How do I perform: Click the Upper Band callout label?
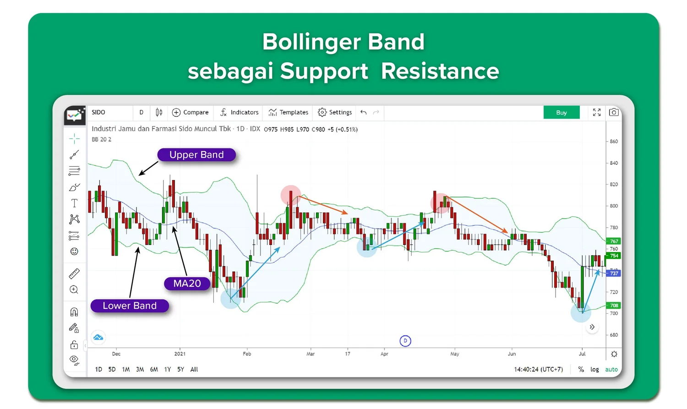[x=196, y=155]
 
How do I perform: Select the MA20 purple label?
[x=187, y=284]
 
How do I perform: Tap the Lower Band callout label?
[x=130, y=305]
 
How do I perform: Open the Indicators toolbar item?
[x=239, y=112]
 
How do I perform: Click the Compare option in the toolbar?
[x=190, y=112]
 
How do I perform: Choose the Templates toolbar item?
[x=289, y=112]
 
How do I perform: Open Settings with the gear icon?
[x=335, y=112]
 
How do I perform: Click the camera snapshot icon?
[x=614, y=112]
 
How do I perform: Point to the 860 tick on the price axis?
[x=614, y=142]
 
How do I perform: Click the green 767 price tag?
[x=614, y=241]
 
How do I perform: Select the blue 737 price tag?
[x=614, y=273]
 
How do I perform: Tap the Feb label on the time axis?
[x=247, y=354]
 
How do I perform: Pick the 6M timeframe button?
[x=154, y=369]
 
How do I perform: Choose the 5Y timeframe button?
[x=180, y=369]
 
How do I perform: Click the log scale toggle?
[x=594, y=369]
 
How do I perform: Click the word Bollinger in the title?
[x=311, y=42]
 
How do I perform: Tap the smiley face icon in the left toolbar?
[x=74, y=251]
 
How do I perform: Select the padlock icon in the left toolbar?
[x=74, y=344]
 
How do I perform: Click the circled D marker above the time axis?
[x=405, y=341]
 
